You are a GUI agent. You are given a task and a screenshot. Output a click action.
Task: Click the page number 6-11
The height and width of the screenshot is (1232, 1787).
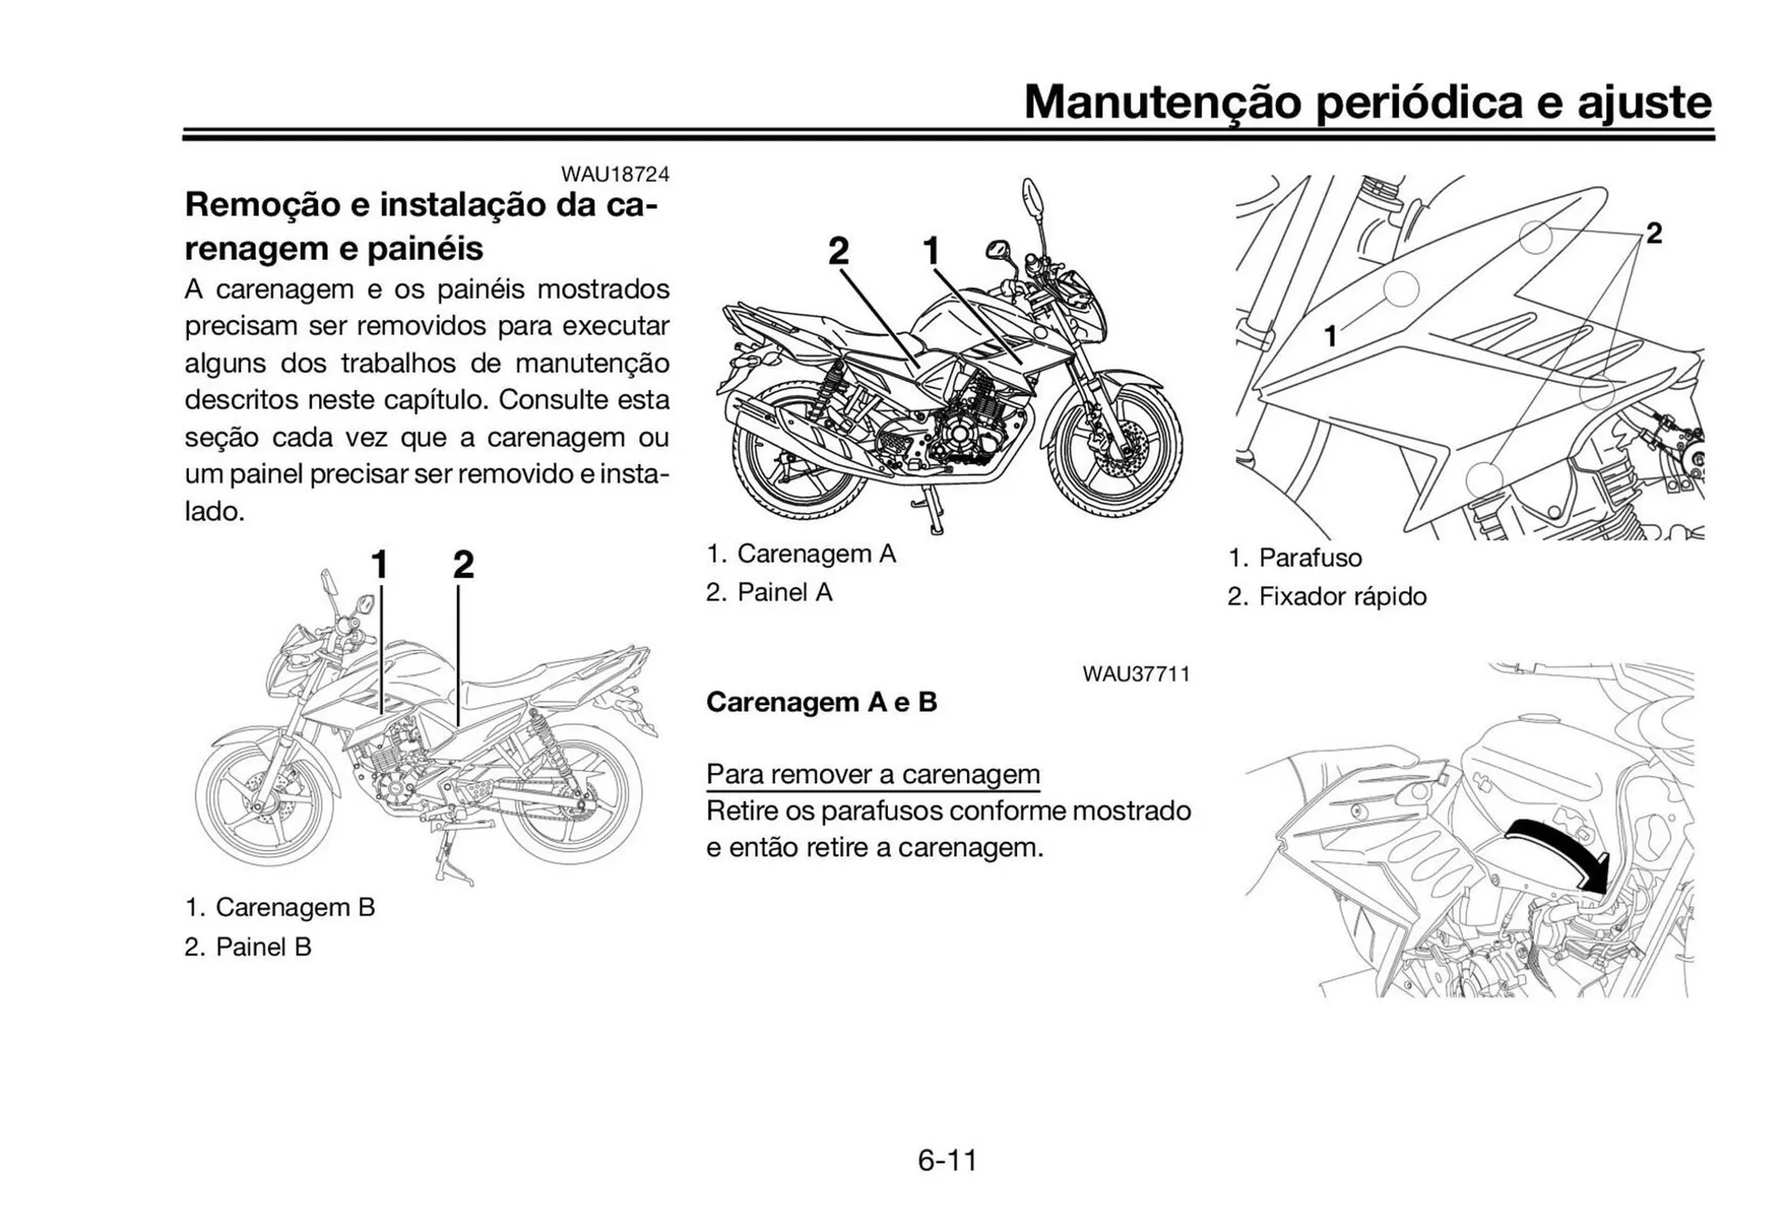coord(947,1160)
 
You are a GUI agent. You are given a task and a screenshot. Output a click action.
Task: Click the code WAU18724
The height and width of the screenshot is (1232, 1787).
coord(614,174)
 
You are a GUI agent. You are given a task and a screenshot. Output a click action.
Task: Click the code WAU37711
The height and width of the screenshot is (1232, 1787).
coord(1135,674)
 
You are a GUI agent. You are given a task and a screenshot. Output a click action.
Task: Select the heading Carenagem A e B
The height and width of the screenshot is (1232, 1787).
coord(821,702)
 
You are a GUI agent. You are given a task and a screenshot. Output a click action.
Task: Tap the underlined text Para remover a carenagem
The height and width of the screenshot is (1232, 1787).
coord(872,774)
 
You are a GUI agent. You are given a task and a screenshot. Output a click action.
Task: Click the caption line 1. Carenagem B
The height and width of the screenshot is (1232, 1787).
coord(279,907)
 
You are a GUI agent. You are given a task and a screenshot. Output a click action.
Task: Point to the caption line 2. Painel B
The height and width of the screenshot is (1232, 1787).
coord(248,947)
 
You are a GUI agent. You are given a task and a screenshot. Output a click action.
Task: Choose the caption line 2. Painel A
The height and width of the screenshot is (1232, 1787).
coord(769,592)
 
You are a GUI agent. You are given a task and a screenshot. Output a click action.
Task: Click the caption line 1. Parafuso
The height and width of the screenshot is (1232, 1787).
coord(1295,558)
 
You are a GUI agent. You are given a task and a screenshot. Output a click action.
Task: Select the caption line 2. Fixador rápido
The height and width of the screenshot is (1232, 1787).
coord(1326,597)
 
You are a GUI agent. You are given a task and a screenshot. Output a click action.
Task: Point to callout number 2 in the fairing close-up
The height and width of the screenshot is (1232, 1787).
coord(1654,233)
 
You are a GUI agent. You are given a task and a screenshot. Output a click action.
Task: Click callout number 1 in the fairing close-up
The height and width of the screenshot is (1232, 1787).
coord(1331,336)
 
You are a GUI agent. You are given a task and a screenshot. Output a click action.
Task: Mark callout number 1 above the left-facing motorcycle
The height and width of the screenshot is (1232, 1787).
coord(379,564)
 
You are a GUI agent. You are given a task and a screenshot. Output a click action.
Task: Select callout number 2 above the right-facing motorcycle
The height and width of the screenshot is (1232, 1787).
coord(839,250)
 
